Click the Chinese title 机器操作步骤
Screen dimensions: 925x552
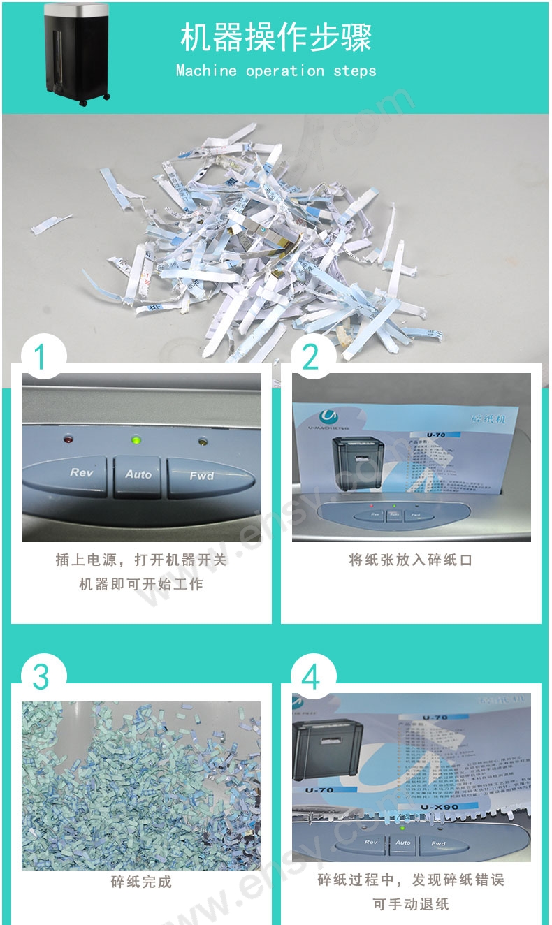click(275, 38)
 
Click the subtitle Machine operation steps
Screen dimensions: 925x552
click(275, 71)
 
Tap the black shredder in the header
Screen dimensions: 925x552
click(76, 54)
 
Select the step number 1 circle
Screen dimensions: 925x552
click(41, 358)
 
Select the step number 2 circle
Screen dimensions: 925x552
click(310, 358)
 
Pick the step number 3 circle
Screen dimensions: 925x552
click(41, 677)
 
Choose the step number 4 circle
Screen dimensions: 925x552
click(310, 677)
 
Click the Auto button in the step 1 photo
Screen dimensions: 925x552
click(138, 475)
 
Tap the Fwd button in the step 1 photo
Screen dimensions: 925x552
click(201, 476)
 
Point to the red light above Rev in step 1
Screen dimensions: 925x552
click(68, 439)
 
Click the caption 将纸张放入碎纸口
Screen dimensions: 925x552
click(411, 560)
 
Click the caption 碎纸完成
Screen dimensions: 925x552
click(141, 882)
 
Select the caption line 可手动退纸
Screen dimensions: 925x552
click(411, 904)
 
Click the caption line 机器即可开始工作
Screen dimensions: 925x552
click(141, 584)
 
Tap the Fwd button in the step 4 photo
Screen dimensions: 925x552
click(438, 843)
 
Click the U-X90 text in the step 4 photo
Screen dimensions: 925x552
click(440, 808)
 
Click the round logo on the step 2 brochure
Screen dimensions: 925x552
click(307, 414)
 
